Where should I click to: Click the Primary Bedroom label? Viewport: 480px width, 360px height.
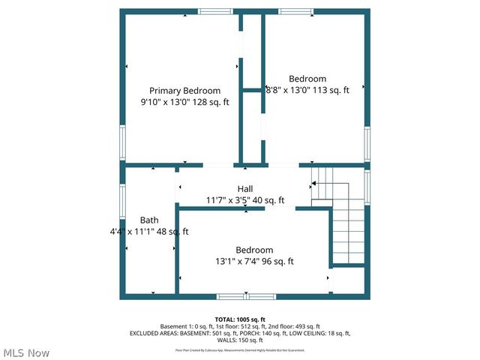click(x=184, y=90)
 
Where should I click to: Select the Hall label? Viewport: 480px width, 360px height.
click(x=245, y=188)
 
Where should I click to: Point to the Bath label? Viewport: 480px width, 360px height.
click(x=149, y=220)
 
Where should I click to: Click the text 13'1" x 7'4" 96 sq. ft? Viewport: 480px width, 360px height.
click(x=254, y=262)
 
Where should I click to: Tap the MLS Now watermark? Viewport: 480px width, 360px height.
click(x=27, y=352)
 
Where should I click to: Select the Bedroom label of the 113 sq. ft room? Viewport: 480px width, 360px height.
click(x=307, y=79)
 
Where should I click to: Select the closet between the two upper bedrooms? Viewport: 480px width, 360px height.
click(x=252, y=90)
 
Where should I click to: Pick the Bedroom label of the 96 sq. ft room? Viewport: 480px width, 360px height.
click(x=254, y=250)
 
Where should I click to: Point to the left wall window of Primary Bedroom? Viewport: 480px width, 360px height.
click(x=122, y=142)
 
